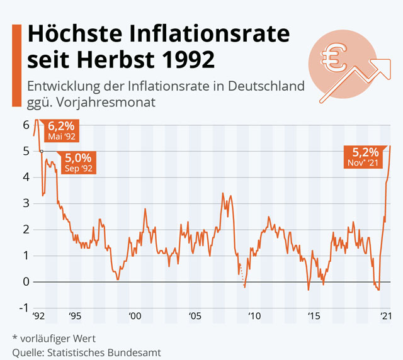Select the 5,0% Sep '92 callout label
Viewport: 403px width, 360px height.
tap(78, 162)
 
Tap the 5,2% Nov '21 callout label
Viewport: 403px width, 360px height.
tap(365, 156)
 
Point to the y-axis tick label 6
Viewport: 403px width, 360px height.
tap(26, 125)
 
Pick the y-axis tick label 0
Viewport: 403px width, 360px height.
tap(26, 281)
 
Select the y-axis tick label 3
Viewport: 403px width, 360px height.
tap(26, 203)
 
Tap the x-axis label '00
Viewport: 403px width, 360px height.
tap(133, 317)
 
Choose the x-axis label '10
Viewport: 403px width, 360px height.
tap(253, 317)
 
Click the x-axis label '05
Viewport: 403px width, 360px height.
tap(193, 317)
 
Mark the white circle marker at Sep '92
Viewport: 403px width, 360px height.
tap(41, 151)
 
